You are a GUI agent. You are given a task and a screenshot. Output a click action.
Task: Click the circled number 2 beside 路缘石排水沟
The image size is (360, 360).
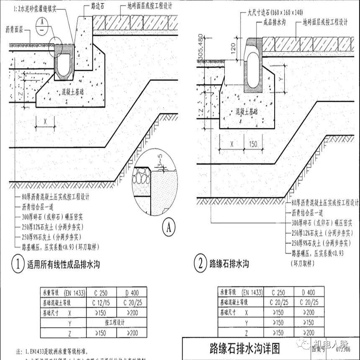pyautogui.click(x=201, y=264)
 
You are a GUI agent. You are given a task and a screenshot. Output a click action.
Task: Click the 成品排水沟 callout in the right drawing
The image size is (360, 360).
pyautogui.click(x=275, y=24)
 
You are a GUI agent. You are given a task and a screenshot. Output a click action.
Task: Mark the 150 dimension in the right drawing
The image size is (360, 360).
pyautogui.click(x=252, y=144)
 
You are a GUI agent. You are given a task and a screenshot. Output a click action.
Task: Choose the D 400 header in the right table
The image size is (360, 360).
pyautogui.click(x=308, y=293)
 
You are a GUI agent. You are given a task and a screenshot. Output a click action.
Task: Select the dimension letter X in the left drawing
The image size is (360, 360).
pyautogui.click(x=46, y=121)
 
